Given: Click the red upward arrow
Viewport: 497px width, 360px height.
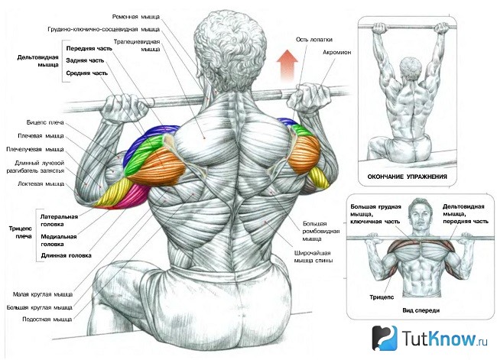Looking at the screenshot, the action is pyautogui.click(x=287, y=65).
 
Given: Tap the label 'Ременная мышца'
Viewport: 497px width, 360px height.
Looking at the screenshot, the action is pyautogui.click(x=136, y=17).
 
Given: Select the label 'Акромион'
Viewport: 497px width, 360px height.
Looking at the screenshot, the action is pyautogui.click(x=337, y=52).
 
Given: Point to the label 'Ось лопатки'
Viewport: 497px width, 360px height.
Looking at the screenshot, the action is pyautogui.click(x=314, y=40).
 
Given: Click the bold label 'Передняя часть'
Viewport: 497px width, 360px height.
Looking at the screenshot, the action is pyautogui.click(x=89, y=48).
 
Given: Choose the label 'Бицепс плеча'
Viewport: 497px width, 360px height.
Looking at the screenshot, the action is pyautogui.click(x=45, y=122).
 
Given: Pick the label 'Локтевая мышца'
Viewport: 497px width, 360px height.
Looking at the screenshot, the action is pyautogui.click(x=41, y=183).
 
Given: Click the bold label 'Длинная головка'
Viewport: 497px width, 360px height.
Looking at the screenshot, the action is pyautogui.click(x=67, y=255).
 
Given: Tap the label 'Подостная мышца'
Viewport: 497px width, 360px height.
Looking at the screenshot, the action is pyautogui.click(x=47, y=319).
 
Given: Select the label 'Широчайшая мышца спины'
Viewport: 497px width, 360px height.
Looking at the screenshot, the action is pyautogui.click(x=313, y=257).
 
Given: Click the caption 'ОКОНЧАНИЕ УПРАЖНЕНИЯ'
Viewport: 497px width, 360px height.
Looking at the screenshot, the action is pyautogui.click(x=408, y=177).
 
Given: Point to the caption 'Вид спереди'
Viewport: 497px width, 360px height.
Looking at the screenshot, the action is pyautogui.click(x=421, y=310).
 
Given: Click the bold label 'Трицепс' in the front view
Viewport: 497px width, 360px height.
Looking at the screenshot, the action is pyautogui.click(x=382, y=297).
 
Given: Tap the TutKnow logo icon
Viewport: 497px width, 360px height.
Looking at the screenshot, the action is pyautogui.click(x=385, y=338).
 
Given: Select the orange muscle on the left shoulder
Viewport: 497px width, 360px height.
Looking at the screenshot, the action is pyautogui.click(x=157, y=167).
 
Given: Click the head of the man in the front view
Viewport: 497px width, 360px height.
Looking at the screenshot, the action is pyautogui.click(x=419, y=214).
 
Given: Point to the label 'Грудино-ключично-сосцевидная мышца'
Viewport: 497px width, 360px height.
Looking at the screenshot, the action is pyautogui.click(x=104, y=30).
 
